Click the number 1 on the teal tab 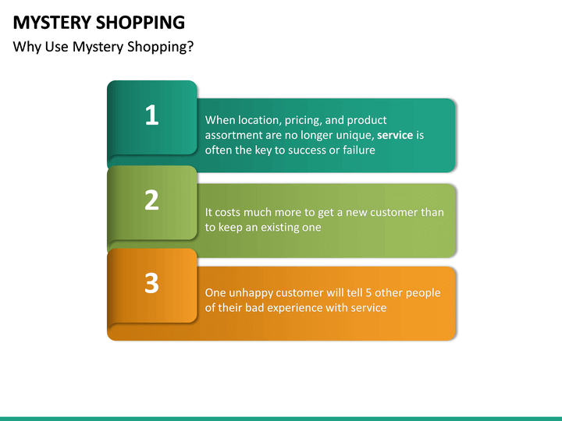pyautogui.click(x=151, y=116)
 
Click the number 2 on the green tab pyautogui.click(x=151, y=200)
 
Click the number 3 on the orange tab pyautogui.click(x=151, y=283)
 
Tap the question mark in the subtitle pyautogui.click(x=190, y=48)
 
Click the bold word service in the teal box pyautogui.click(x=395, y=135)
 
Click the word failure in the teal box pyautogui.click(x=357, y=150)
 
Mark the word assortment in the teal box pyautogui.click(x=234, y=135)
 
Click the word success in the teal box pyautogui.click(x=297, y=150)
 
